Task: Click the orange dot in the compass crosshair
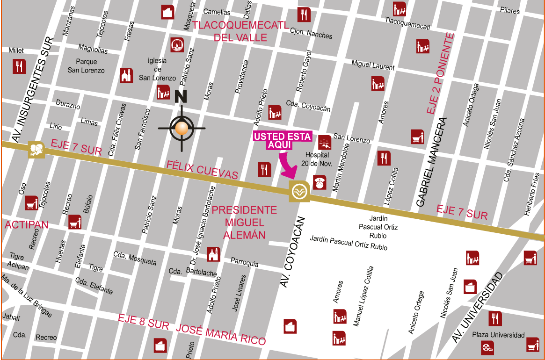pos(182,128)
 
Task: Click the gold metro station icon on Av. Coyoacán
pos(299,191)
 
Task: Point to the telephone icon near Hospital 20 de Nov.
pos(320,182)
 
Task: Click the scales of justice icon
pos(325,142)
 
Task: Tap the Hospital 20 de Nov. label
pos(317,159)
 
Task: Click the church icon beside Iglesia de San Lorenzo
pos(126,75)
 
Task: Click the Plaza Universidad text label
pos(498,335)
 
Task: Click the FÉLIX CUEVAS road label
pos(202,170)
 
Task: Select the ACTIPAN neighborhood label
pos(27,225)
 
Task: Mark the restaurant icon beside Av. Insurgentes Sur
pos(19,66)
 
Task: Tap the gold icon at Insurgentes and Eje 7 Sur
pos(36,150)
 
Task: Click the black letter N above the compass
pos(181,97)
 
